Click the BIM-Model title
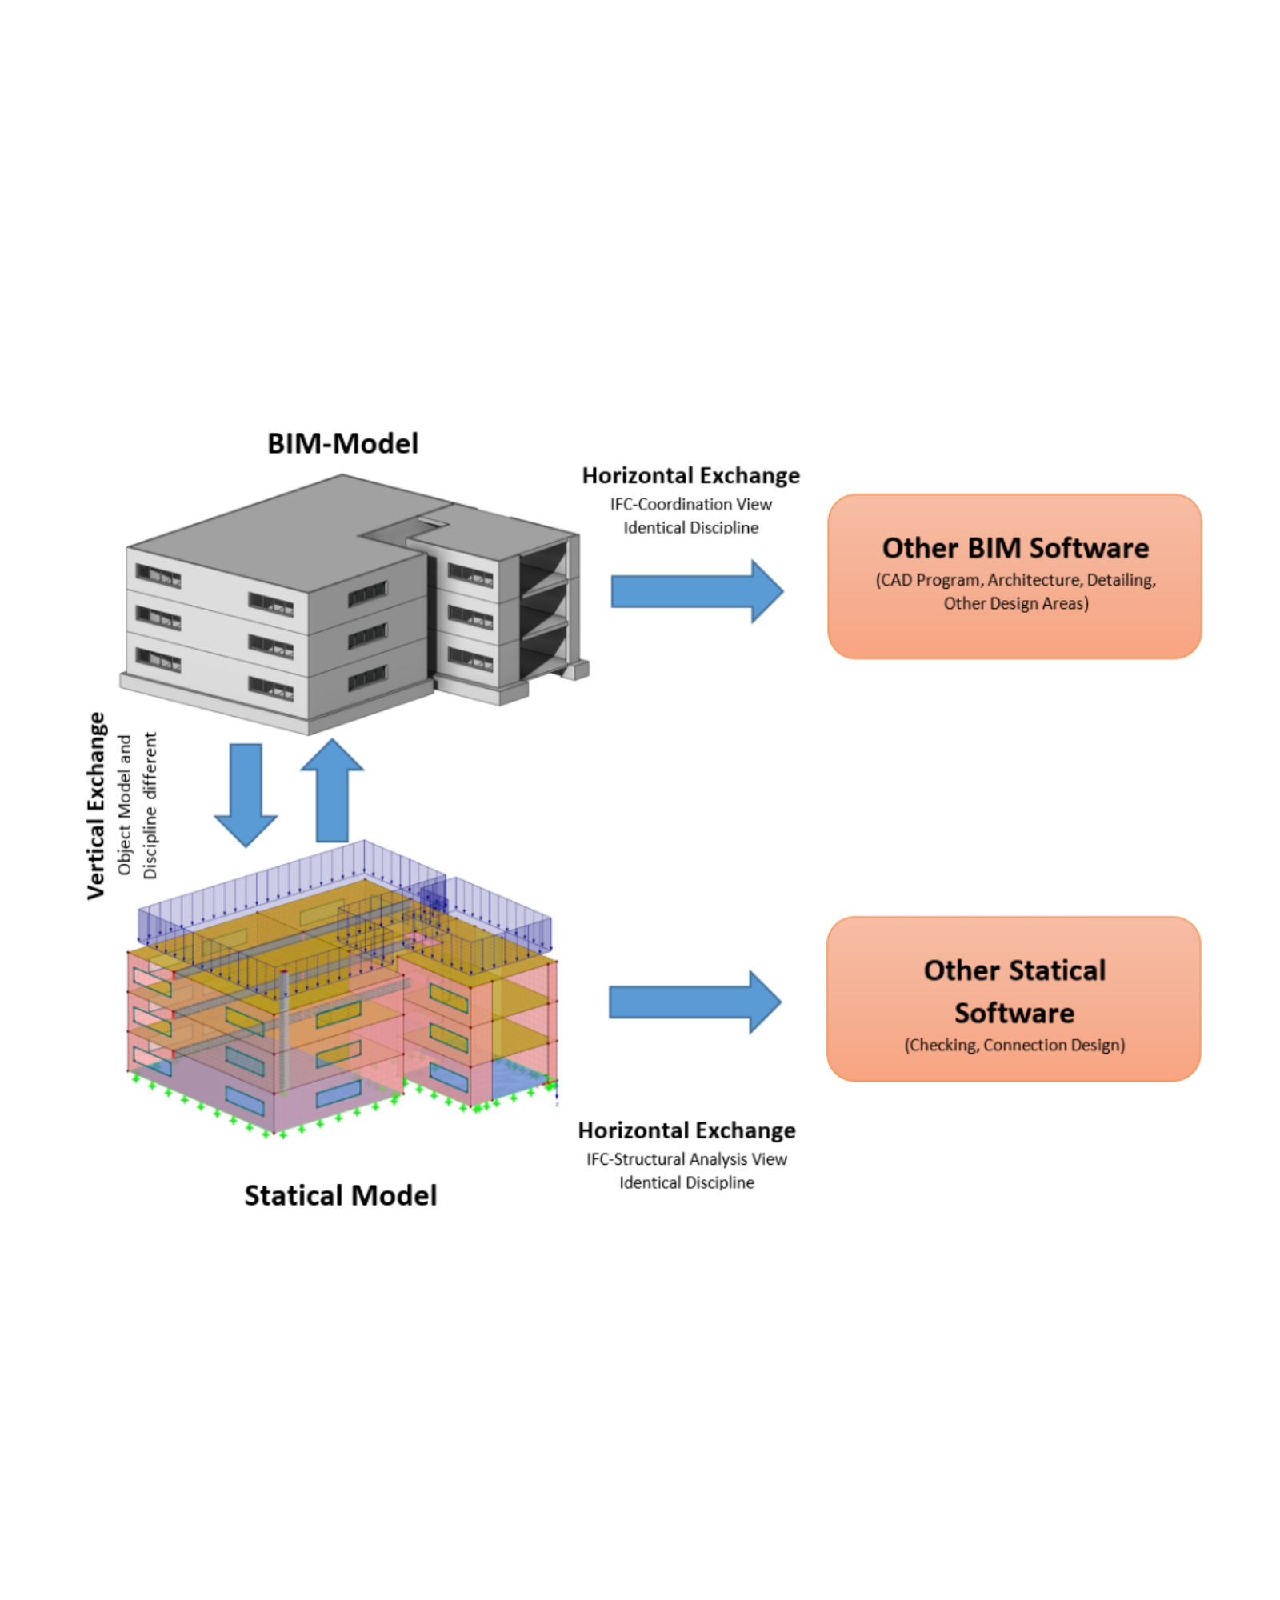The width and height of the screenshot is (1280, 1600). (342, 443)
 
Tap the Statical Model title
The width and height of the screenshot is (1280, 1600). (340, 1195)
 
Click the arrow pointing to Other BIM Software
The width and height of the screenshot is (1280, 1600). (696, 591)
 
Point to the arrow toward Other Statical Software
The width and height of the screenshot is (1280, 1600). (694, 1002)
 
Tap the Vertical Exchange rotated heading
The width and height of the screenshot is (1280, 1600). (97, 806)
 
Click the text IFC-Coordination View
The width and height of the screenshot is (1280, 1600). (690, 504)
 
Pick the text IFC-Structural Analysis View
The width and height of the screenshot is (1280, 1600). (686, 1158)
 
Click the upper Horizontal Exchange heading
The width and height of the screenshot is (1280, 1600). (690, 475)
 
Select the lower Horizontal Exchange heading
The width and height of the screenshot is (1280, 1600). (686, 1130)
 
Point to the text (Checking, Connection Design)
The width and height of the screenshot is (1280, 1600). (1014, 1045)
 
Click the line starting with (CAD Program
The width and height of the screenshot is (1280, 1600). (1015, 580)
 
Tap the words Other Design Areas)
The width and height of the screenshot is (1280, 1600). (1015, 603)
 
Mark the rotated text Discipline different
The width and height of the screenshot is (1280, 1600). (150, 806)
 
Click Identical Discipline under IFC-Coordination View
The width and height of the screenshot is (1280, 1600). (690, 527)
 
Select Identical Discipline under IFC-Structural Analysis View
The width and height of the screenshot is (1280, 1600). (686, 1182)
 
